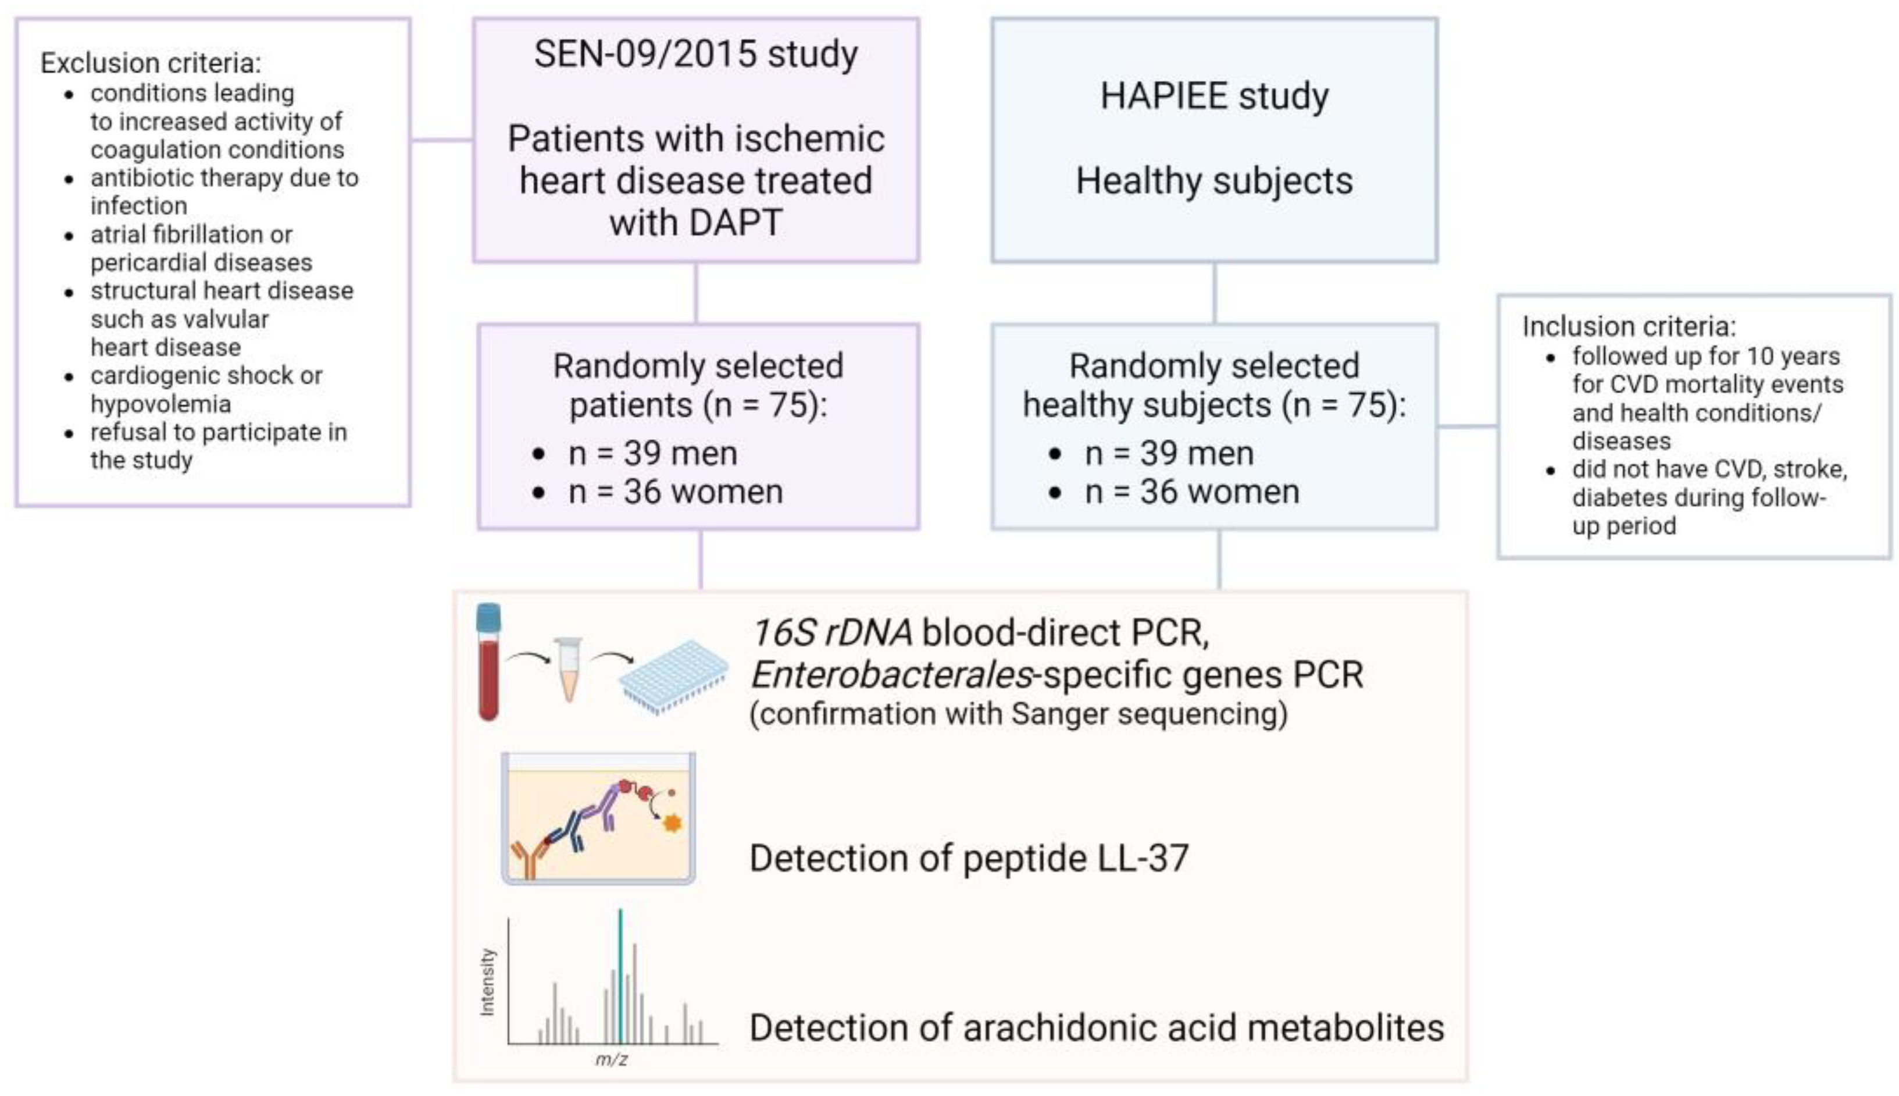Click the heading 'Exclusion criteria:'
(x=151, y=63)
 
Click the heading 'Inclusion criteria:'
(x=1629, y=327)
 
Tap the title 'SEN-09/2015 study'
(x=695, y=54)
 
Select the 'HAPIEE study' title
(x=1214, y=97)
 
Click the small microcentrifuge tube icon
(x=568, y=668)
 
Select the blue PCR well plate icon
(x=673, y=675)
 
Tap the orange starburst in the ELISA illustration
(x=672, y=822)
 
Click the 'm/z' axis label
(x=611, y=1061)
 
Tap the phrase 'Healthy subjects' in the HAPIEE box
(x=1213, y=182)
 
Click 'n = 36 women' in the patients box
(x=675, y=492)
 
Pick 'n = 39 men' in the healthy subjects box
(x=1169, y=454)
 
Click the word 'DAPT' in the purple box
(x=734, y=223)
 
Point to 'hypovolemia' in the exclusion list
(x=160, y=404)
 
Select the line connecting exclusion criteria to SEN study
(x=442, y=139)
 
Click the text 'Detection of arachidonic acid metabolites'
(x=1096, y=1029)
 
